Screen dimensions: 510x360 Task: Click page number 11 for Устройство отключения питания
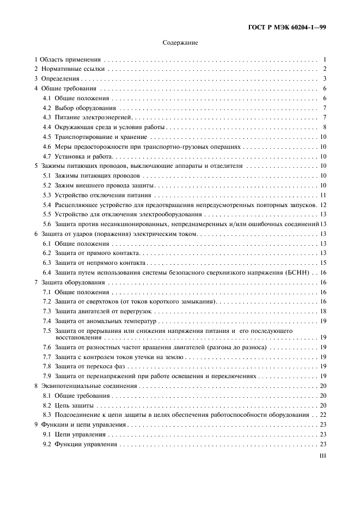pos(322,195)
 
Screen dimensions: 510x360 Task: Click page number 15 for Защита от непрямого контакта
pos(322,263)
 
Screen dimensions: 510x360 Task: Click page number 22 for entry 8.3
pos(322,415)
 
